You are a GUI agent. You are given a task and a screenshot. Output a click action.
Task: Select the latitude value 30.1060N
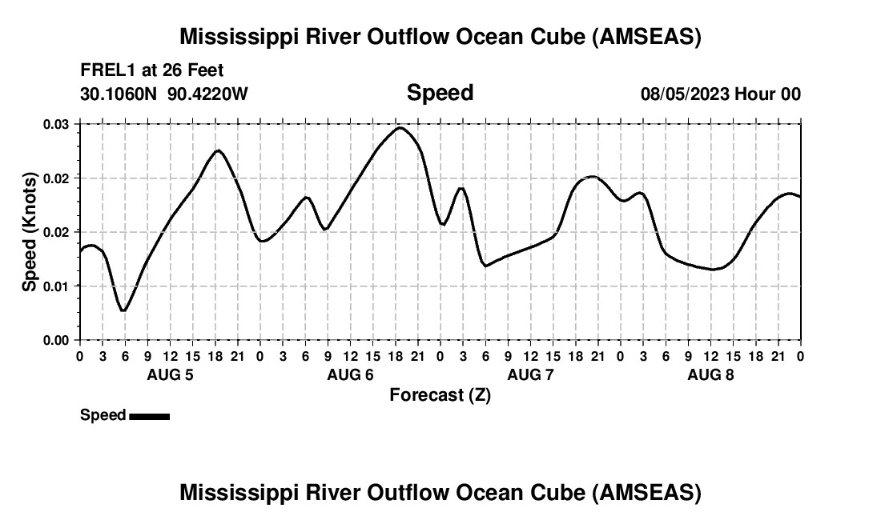click(x=120, y=94)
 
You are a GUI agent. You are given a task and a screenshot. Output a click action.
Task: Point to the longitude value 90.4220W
click(x=208, y=94)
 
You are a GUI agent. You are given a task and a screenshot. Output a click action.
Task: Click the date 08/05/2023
click(x=685, y=94)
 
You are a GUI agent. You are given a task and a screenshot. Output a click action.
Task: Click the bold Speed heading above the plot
click(x=440, y=93)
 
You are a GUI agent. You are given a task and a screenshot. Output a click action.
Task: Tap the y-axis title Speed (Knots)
click(x=30, y=231)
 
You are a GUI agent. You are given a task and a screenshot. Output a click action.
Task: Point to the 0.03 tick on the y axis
click(x=57, y=124)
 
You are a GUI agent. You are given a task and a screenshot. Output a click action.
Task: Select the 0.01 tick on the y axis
click(x=57, y=286)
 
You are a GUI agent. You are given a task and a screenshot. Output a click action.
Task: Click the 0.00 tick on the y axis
click(x=57, y=340)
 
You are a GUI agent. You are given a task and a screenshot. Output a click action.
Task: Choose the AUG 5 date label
click(x=170, y=374)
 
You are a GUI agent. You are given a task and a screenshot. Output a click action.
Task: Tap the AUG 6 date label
click(x=350, y=374)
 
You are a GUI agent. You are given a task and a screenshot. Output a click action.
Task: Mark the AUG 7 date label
click(x=530, y=374)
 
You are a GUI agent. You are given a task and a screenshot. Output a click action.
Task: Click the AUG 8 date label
click(x=710, y=374)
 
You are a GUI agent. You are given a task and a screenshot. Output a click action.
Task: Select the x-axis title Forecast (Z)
click(x=440, y=395)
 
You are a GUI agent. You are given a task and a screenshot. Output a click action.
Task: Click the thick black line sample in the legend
click(x=149, y=416)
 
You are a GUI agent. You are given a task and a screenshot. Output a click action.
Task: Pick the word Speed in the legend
click(x=103, y=415)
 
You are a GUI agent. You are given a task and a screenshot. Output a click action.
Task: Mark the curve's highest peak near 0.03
click(x=400, y=127)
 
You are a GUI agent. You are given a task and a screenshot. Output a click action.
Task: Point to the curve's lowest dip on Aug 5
click(x=123, y=310)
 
